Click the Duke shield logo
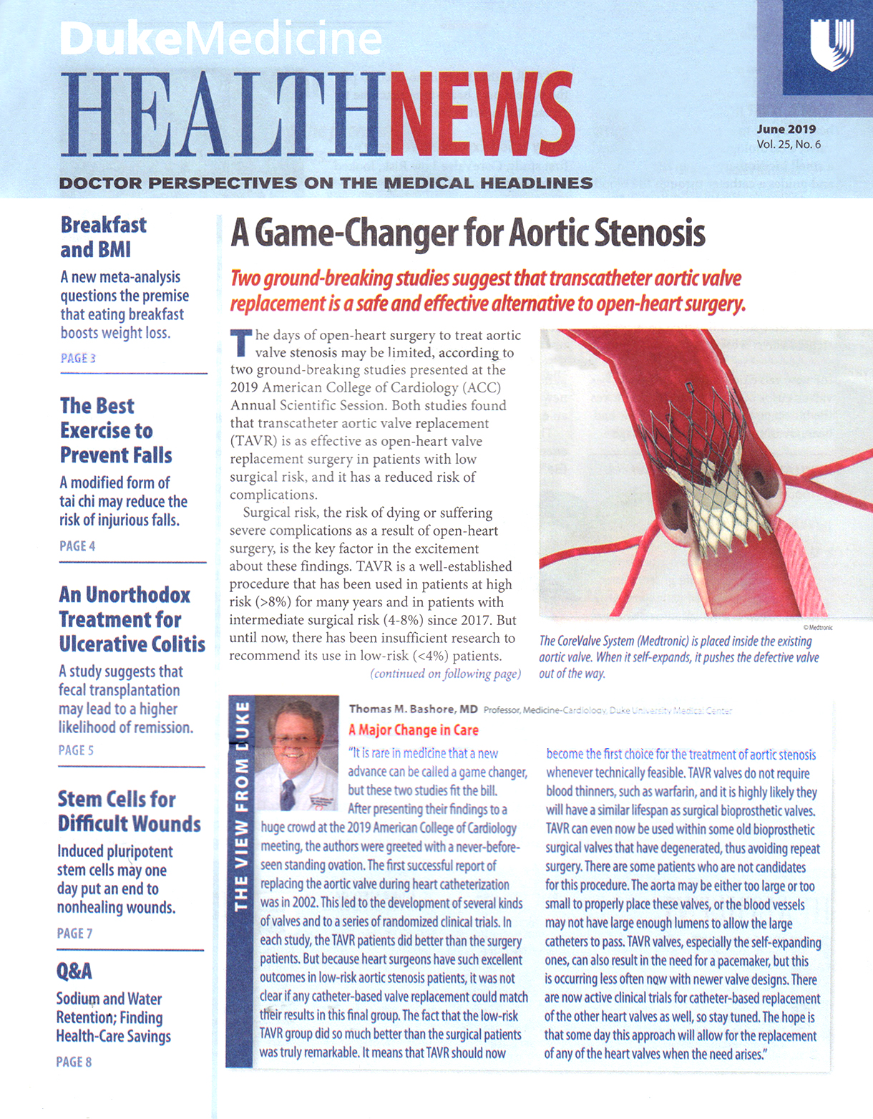click(x=831, y=44)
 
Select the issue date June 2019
click(x=786, y=130)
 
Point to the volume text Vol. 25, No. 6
click(x=789, y=145)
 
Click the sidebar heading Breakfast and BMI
click(x=103, y=237)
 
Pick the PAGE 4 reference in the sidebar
click(x=77, y=546)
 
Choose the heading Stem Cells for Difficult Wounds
click(x=129, y=811)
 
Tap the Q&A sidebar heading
click(x=74, y=972)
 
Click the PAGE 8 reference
click(x=74, y=1062)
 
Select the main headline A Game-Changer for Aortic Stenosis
click(x=467, y=233)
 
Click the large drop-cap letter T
click(x=241, y=343)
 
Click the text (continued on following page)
click(x=445, y=674)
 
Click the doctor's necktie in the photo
click(x=288, y=793)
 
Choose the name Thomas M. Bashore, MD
click(x=413, y=709)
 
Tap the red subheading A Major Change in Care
click(x=413, y=730)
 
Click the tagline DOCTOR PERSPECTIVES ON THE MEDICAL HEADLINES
click(x=326, y=183)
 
